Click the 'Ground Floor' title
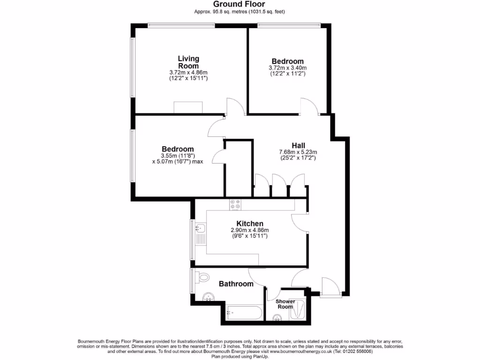240,4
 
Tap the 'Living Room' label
188,62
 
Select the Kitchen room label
249,224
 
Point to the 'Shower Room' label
285,304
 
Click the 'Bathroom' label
236,284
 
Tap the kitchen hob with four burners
235,204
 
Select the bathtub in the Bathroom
243,313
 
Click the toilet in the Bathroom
203,277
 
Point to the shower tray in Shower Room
298,309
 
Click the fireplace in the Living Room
188,107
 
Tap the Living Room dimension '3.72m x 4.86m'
188,73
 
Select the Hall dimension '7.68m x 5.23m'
298,152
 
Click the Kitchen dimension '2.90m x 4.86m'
249,230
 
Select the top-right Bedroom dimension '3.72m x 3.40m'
287,68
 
